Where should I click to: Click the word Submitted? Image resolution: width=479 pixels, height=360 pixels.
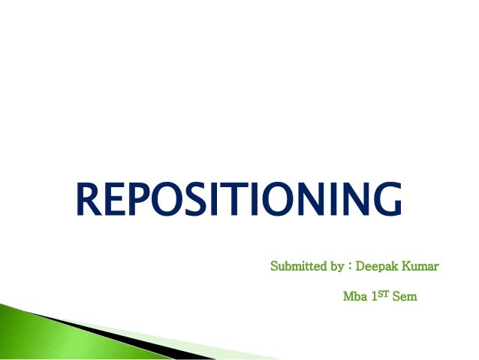pyautogui.click(x=295, y=266)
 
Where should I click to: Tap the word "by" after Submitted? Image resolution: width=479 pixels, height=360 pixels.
pyautogui.click(x=333, y=267)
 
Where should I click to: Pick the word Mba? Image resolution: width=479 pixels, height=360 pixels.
pyautogui.click(x=354, y=297)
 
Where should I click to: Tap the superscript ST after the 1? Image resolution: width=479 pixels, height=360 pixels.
pyautogui.click(x=382, y=294)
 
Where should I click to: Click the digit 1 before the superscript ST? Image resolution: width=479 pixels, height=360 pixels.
pyautogui.click(x=373, y=297)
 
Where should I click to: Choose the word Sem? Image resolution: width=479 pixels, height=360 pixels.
pyautogui.click(x=404, y=297)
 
